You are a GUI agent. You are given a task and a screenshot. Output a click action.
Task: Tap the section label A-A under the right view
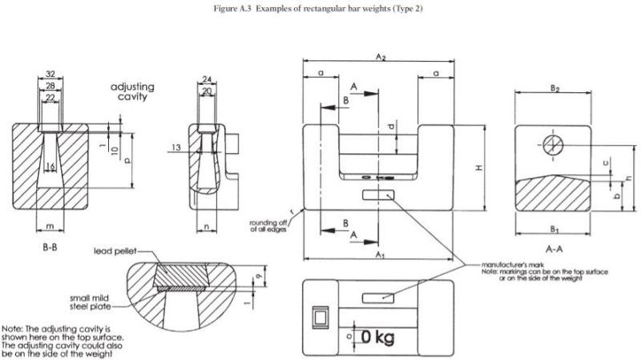pos(552,249)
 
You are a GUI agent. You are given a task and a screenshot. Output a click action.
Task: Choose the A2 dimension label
pos(381,58)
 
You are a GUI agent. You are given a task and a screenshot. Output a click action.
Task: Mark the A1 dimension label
pos(381,255)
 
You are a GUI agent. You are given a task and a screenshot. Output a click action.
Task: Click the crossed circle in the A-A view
pos(552,144)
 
